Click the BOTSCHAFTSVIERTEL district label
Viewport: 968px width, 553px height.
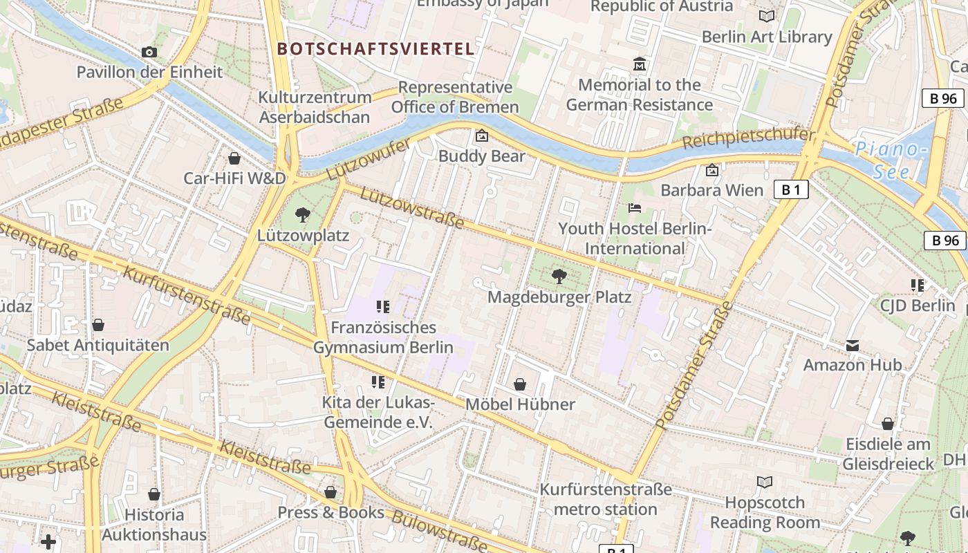tap(375, 49)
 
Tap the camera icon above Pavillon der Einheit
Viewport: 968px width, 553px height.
tap(149, 52)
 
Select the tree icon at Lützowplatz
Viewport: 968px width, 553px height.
tap(302, 215)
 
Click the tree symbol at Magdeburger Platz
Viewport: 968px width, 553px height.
tap(559, 276)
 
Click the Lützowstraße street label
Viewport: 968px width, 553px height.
tap(412, 207)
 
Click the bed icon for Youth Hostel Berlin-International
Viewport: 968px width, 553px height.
tap(635, 207)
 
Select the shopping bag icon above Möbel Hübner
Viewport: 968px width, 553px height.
tap(520, 384)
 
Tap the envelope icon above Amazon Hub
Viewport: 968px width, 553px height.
tap(852, 345)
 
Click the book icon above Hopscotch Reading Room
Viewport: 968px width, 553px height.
tap(765, 482)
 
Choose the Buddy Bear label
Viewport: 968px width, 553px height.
tap(482, 156)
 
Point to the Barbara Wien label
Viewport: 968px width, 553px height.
tap(712, 190)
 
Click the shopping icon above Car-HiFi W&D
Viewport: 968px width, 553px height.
tap(234, 158)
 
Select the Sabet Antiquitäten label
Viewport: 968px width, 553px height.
tap(98, 345)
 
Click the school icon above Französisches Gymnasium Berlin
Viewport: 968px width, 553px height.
tap(383, 306)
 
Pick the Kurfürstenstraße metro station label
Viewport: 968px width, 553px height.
tap(606, 500)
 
